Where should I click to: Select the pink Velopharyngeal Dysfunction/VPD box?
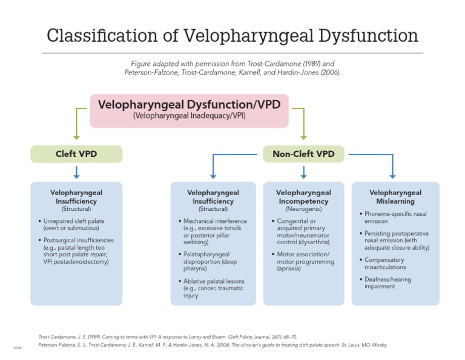[189, 110]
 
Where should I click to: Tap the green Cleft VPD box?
[76, 154]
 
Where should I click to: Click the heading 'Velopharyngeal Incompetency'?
[303, 197]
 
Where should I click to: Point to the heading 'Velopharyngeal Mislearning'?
[395, 197]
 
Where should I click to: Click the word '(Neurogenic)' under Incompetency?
[303, 209]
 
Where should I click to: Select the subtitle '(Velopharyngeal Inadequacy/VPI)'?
[189, 116]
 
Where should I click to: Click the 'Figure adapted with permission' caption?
[232, 67]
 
